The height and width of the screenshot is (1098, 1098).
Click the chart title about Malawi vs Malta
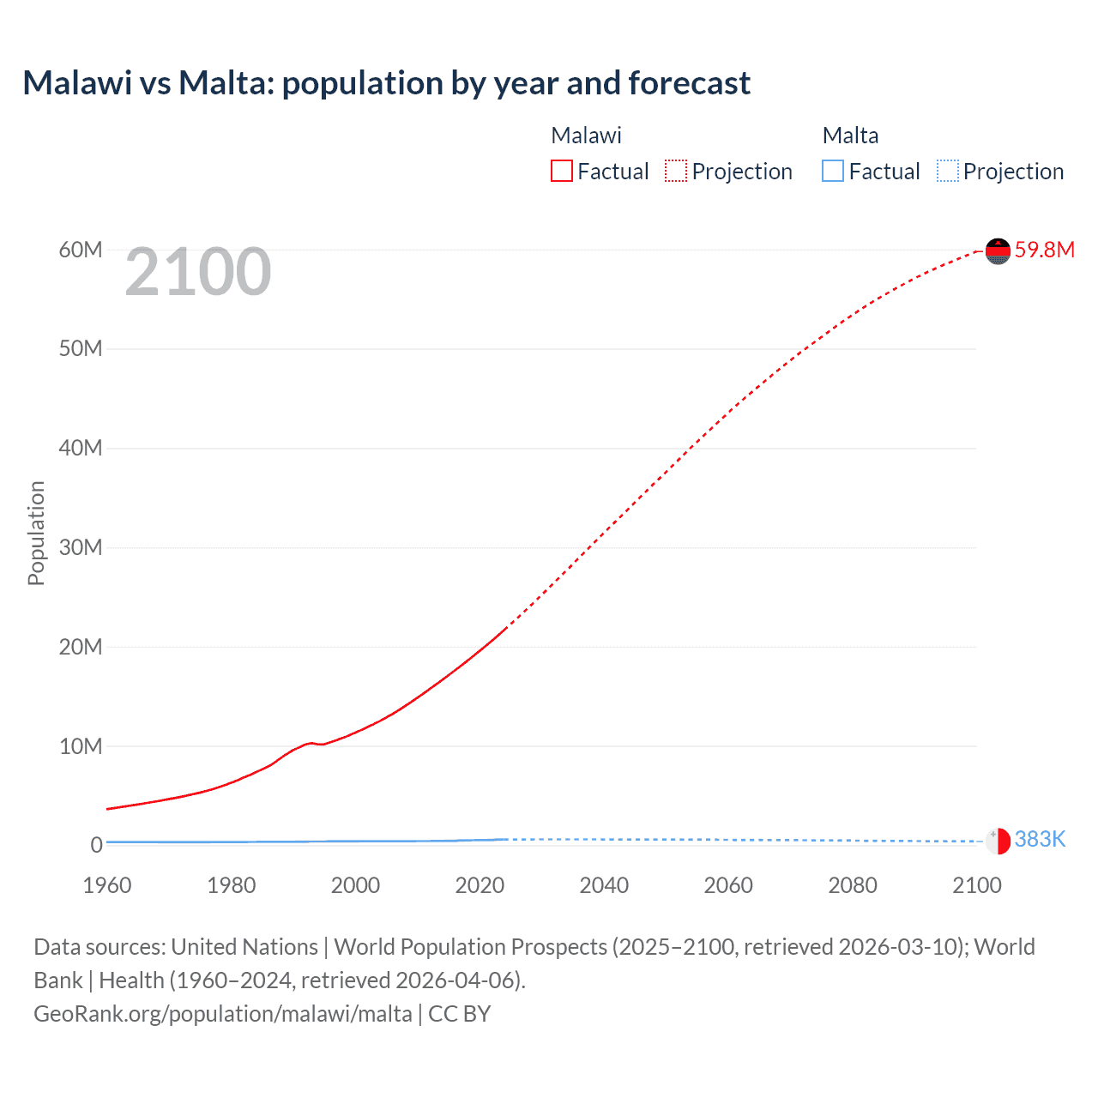click(386, 83)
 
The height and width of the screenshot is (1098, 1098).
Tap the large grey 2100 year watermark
click(198, 272)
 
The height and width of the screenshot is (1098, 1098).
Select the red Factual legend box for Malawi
click(562, 172)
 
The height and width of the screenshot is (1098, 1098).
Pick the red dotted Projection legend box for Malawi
click(676, 172)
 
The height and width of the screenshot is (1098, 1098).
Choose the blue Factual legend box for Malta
click(833, 172)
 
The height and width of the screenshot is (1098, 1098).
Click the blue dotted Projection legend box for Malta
click(947, 172)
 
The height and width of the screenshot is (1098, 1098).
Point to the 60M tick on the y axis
click(81, 250)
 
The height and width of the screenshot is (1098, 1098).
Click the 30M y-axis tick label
click(81, 547)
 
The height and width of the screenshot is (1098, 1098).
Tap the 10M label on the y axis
click(81, 746)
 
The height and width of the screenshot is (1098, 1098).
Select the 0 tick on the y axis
click(96, 845)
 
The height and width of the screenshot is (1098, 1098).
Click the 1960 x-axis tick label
click(107, 885)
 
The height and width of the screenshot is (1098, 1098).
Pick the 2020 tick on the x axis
click(480, 885)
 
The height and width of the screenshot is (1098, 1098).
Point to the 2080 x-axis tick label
click(853, 885)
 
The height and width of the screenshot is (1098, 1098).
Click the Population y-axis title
click(36, 533)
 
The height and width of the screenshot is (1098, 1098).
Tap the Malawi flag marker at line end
click(998, 250)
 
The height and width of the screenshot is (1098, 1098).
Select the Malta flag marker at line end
click(998, 841)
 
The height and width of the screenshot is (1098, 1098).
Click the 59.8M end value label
click(1044, 250)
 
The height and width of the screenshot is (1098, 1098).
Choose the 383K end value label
click(1040, 840)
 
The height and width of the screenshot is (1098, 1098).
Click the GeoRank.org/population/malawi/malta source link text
click(223, 1014)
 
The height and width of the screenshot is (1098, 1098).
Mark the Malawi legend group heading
click(586, 136)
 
